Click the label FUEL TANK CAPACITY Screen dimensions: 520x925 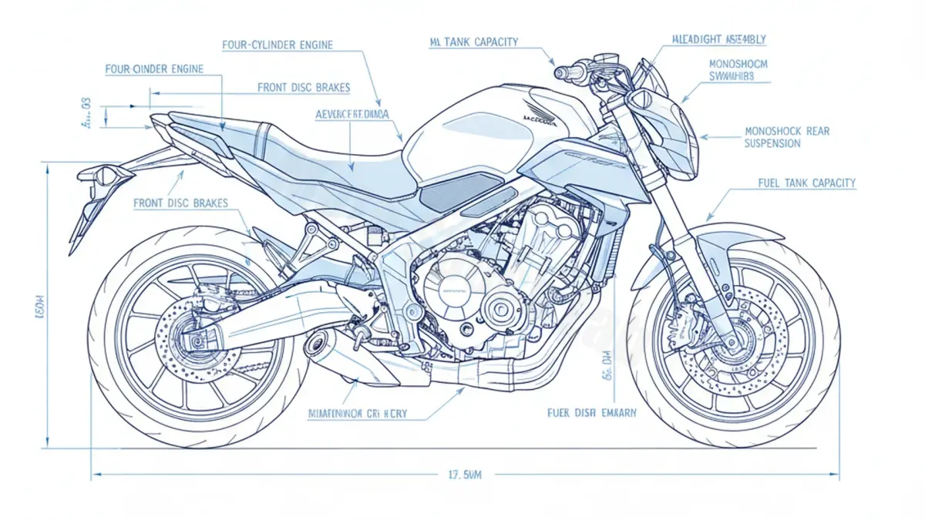[807, 183]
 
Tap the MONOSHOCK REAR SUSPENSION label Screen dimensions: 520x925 [787, 137]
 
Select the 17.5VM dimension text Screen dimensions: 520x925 [464, 475]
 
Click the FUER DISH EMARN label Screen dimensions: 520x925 [592, 413]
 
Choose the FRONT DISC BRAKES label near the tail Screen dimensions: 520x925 [180, 203]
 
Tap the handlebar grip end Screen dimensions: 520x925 [561, 72]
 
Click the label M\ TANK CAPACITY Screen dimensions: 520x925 [473, 42]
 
